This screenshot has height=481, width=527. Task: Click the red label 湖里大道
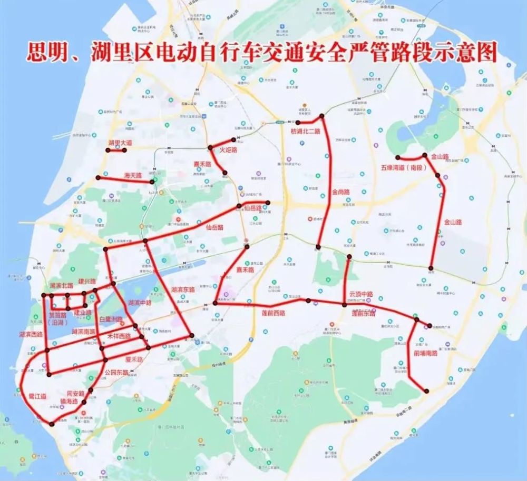pyautogui.click(x=120, y=143)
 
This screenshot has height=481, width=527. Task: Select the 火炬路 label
pyautogui.click(x=228, y=151)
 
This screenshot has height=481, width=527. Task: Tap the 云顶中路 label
pyautogui.click(x=361, y=294)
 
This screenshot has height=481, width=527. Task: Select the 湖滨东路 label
pyautogui.click(x=183, y=290)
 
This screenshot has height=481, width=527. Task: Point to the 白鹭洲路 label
pyautogui.click(x=111, y=319)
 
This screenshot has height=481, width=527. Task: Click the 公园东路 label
pyautogui.click(x=117, y=372)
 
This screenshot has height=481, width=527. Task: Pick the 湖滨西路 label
pyautogui.click(x=31, y=335)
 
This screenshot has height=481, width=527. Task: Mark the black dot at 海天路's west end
pyautogui.click(x=98, y=178)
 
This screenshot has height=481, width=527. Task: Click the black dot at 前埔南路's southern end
pyautogui.click(x=426, y=391)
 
